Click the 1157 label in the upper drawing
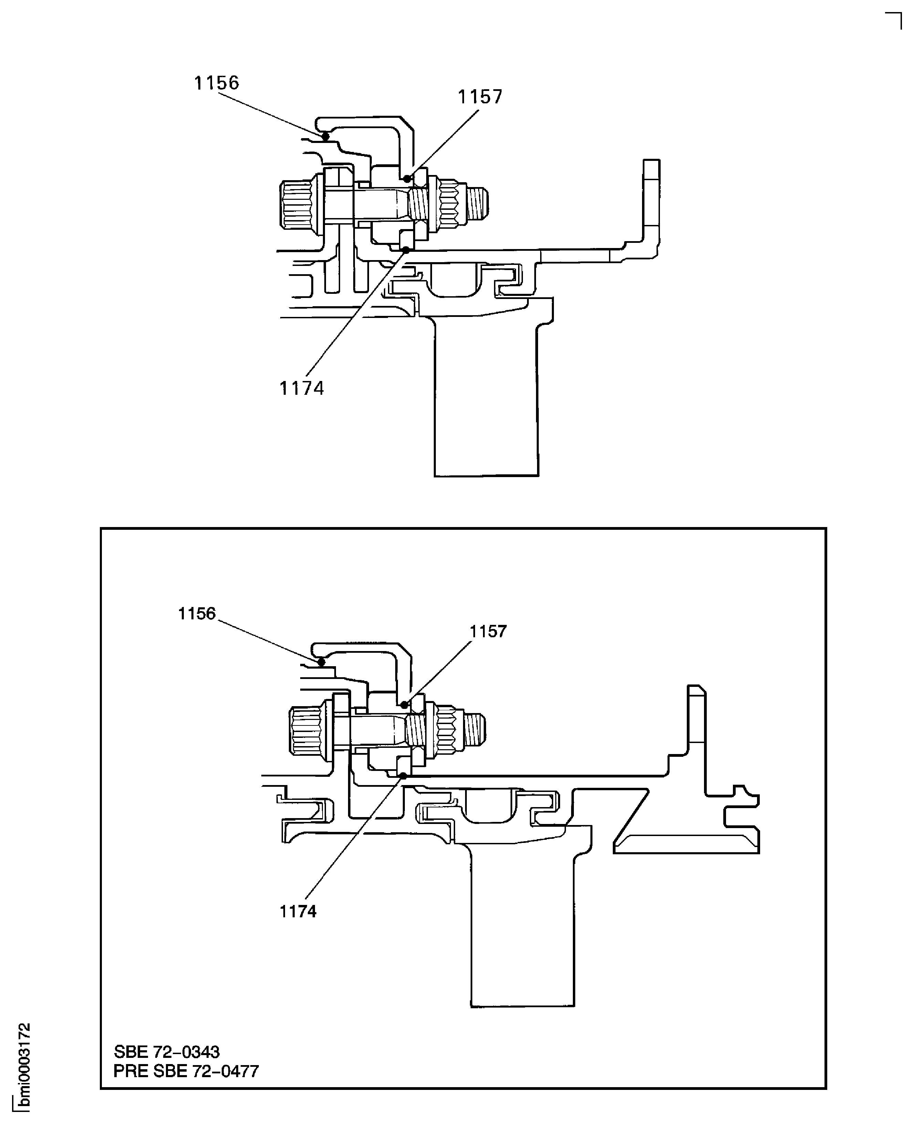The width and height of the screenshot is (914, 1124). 480,97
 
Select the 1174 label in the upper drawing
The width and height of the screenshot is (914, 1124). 301,388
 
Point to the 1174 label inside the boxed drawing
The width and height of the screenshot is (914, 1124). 298,912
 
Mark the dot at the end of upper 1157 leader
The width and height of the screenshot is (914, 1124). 407,179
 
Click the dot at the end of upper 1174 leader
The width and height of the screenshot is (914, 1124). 406,250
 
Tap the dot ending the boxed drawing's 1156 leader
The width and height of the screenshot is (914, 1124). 321,662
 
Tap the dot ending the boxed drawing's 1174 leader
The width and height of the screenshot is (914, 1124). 403,775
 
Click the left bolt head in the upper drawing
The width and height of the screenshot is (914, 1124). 297,204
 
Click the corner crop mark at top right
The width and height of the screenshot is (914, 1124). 894,20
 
